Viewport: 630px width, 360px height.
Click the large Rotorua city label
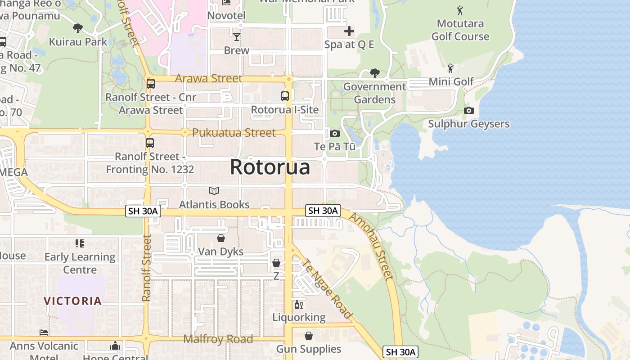(x=270, y=167)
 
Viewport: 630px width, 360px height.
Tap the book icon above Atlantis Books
(x=214, y=191)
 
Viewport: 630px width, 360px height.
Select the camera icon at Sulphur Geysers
(x=468, y=111)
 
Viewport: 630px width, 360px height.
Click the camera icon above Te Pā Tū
(x=334, y=133)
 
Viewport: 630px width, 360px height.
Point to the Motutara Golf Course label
(x=460, y=30)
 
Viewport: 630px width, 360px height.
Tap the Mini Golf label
(x=451, y=81)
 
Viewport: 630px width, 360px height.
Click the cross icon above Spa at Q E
(x=349, y=31)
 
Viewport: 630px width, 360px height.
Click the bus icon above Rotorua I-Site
(x=284, y=96)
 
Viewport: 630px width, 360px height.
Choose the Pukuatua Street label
(x=234, y=133)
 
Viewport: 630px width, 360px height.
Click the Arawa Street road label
(x=208, y=78)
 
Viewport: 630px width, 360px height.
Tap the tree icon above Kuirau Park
(x=78, y=28)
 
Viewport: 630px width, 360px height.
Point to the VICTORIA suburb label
(x=72, y=301)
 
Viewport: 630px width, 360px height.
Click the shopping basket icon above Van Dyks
(x=221, y=238)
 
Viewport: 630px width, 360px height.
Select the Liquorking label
(x=299, y=317)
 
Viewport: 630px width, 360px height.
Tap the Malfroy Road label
(x=218, y=339)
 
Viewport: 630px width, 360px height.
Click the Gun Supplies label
(x=309, y=349)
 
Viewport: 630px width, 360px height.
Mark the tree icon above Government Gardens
(x=374, y=73)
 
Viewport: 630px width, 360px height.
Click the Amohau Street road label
(x=371, y=247)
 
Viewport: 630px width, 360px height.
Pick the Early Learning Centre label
(x=80, y=263)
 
